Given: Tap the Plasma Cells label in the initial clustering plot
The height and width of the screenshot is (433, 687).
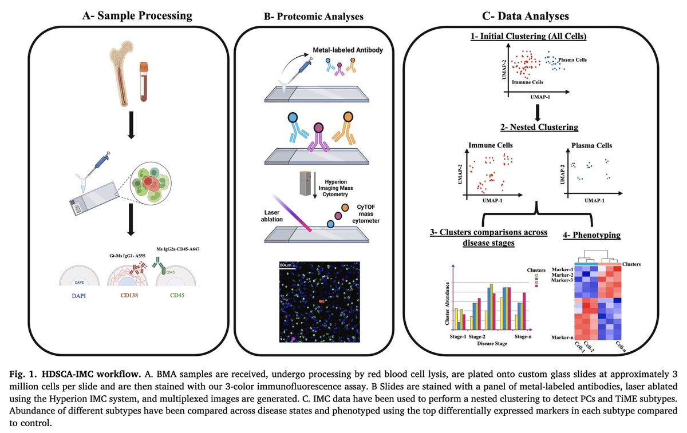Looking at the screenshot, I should (x=573, y=59).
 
